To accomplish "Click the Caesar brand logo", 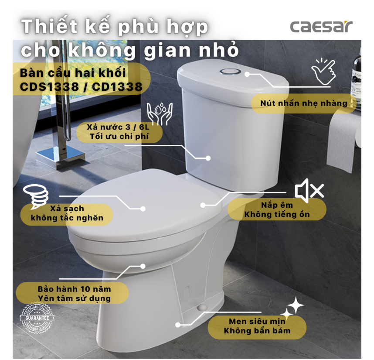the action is click(321, 27).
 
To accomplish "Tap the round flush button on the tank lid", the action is click(230, 72).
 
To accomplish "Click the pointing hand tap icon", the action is click(323, 71).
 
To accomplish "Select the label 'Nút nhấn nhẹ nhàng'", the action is click(304, 103).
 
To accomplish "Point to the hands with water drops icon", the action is click(160, 113).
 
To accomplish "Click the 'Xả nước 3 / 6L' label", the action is click(118, 127).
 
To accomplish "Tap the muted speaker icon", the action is click(309, 191).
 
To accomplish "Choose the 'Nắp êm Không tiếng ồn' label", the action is click(277, 209).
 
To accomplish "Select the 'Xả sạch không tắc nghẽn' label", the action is click(67, 213).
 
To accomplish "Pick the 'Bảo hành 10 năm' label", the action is click(74, 289).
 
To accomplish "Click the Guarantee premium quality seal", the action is click(37, 318).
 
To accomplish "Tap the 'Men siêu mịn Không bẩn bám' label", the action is click(257, 326).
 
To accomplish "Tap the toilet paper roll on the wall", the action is click(345, 141).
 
